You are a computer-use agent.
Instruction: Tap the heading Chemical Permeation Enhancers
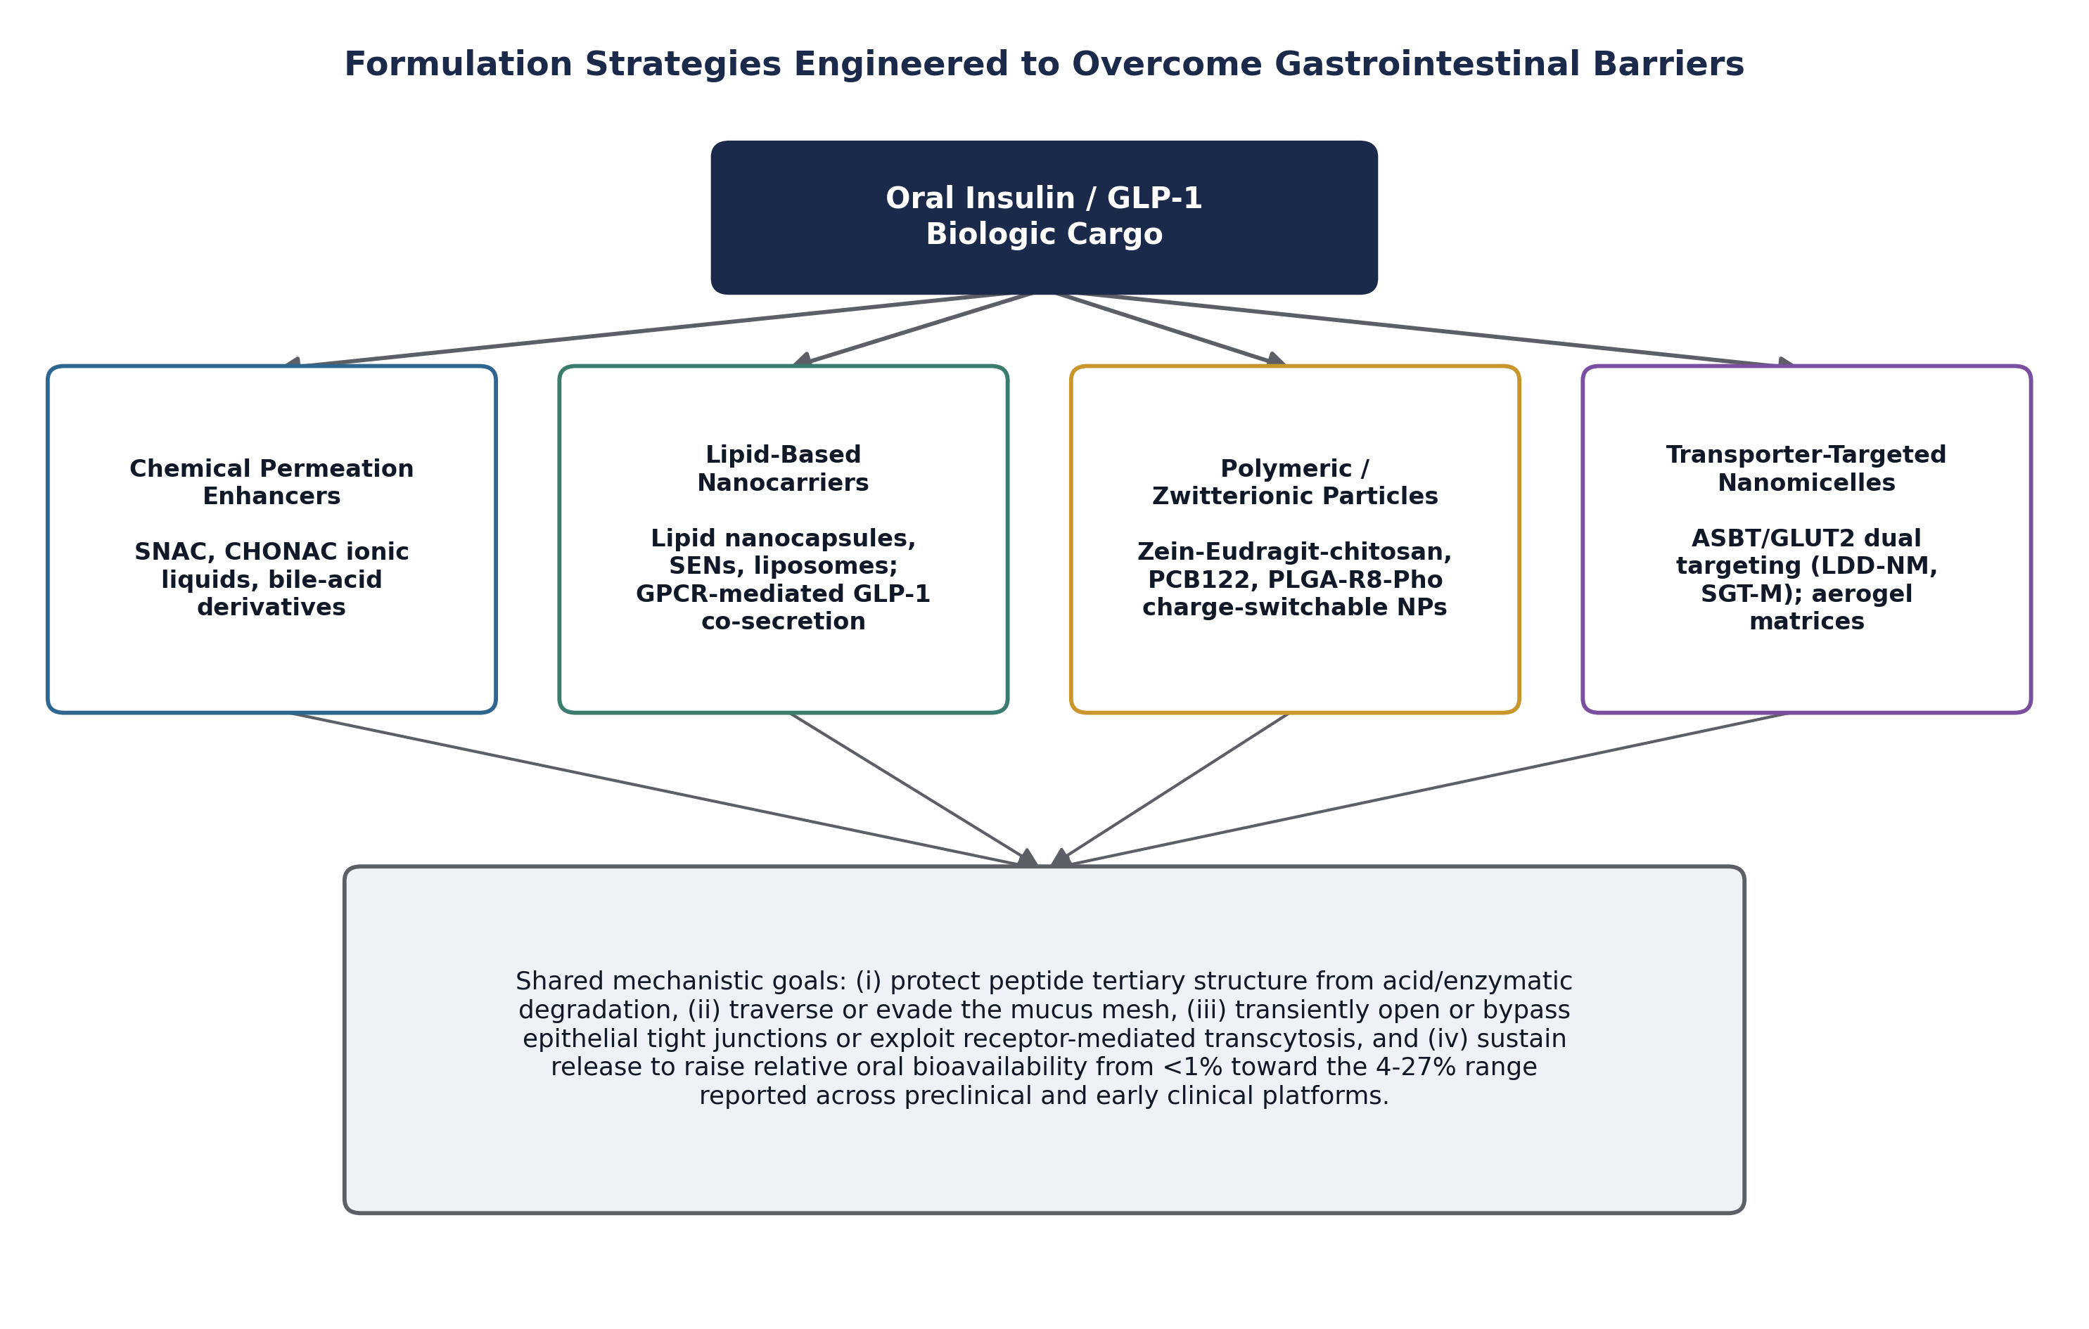(x=271, y=482)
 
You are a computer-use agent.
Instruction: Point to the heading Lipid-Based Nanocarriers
(x=784, y=468)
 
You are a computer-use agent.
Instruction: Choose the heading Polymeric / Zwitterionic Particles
(x=1295, y=482)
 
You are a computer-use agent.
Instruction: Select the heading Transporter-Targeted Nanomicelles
(x=1806, y=468)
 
